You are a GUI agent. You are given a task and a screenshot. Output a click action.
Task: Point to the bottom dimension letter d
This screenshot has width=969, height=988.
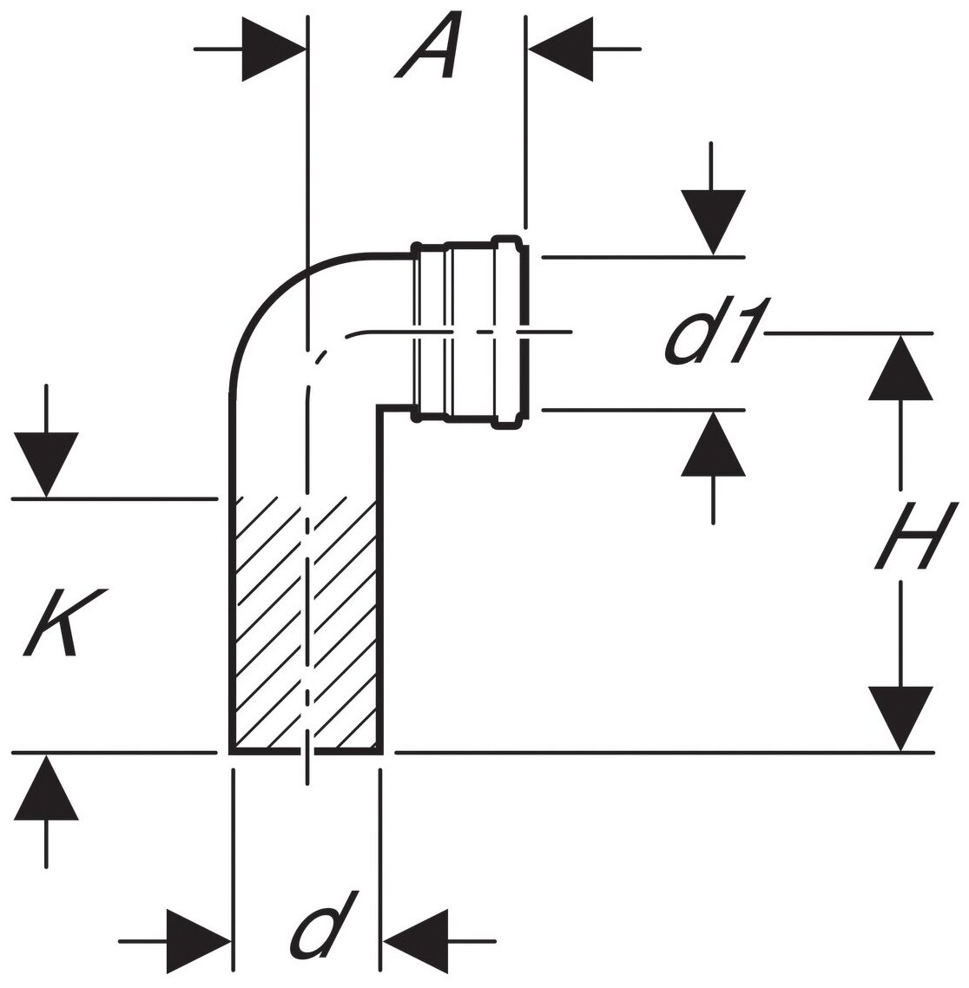pos(326,925)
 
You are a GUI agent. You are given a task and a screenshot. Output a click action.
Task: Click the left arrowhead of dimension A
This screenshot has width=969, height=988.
pos(274,49)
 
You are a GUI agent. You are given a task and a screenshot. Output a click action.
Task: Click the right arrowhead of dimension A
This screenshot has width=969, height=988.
pos(560,49)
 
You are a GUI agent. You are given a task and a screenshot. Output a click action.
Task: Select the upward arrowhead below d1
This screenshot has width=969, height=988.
pos(713,444)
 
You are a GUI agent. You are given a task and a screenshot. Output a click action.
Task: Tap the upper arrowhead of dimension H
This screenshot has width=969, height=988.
pos(900,368)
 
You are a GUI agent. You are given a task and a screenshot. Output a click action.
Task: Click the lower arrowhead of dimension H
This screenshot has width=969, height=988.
pos(900,717)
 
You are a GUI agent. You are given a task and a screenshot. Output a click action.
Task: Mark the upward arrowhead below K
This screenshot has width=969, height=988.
pos(46,787)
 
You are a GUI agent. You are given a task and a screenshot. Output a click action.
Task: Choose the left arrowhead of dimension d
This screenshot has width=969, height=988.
pos(199,940)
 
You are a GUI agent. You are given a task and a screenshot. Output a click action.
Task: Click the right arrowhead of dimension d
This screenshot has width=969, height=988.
pos(415,940)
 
